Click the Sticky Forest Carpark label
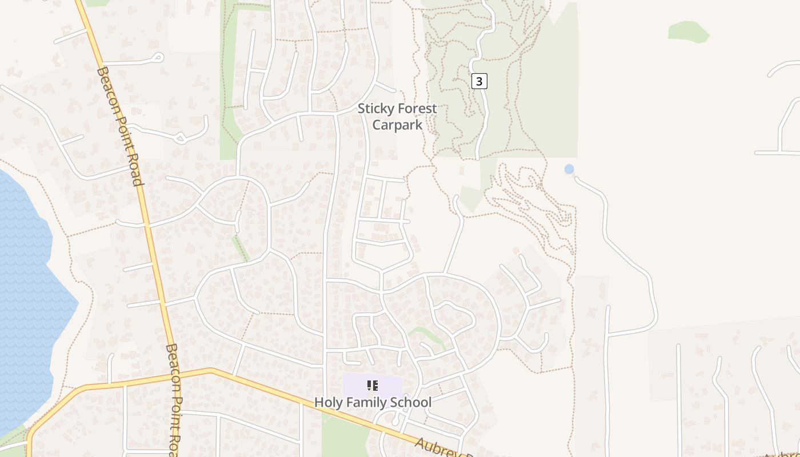[x=397, y=117]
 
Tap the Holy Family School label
[x=373, y=402]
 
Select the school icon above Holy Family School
[x=373, y=386]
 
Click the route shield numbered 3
[x=479, y=81]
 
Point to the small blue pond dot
[x=569, y=169]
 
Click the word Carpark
[x=397, y=125]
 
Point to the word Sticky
[x=374, y=109]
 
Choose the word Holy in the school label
[x=327, y=402]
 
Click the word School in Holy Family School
[x=413, y=402]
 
